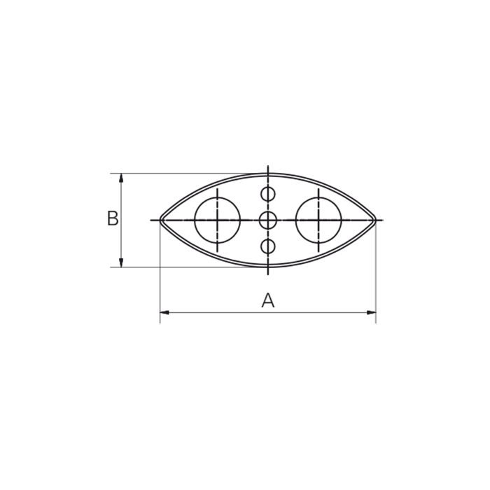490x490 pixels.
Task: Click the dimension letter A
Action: point(268,300)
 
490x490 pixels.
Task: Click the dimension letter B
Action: point(113,218)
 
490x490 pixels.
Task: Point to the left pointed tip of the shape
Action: point(160,220)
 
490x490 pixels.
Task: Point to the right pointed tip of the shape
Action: point(375,220)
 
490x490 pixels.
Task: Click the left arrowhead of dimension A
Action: point(164,312)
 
